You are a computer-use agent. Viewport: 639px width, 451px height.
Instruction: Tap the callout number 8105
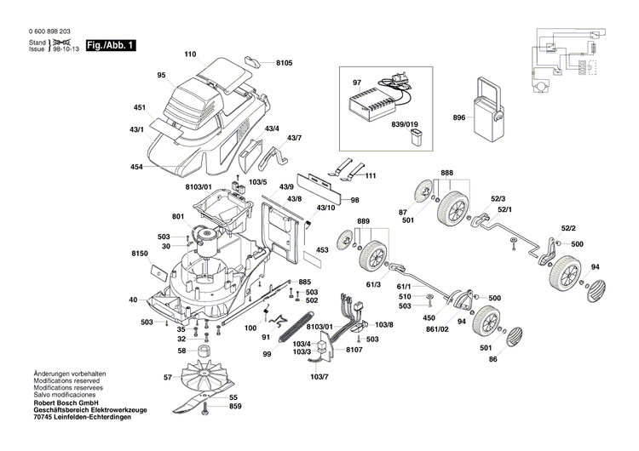pyautogui.click(x=284, y=63)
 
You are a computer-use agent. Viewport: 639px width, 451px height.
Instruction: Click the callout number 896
pyautogui.click(x=459, y=117)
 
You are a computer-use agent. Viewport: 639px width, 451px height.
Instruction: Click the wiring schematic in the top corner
pyautogui.click(x=567, y=60)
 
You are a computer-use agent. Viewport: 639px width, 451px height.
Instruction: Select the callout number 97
pyautogui.click(x=357, y=82)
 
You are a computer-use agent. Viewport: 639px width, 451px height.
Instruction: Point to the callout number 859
pyautogui.click(x=234, y=406)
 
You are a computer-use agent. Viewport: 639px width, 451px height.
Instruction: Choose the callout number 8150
pyautogui.click(x=140, y=254)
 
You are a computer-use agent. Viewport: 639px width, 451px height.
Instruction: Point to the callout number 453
pyautogui.click(x=322, y=250)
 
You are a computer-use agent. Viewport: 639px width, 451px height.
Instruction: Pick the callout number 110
pyautogui.click(x=190, y=55)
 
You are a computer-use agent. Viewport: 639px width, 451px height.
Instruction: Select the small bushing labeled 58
pyautogui.click(x=204, y=351)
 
